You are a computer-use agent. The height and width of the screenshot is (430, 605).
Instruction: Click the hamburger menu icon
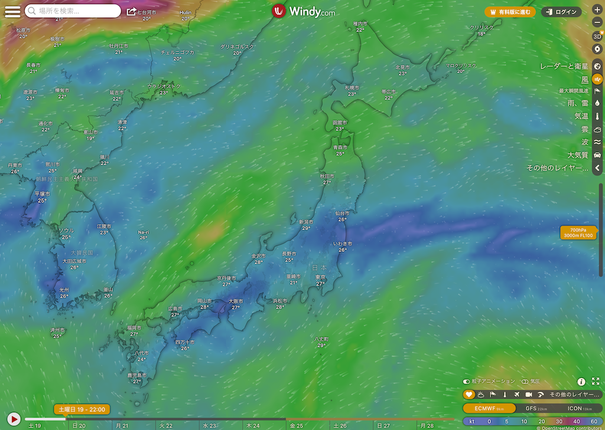pos(12,11)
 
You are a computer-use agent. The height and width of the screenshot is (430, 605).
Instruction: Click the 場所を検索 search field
pos(73,11)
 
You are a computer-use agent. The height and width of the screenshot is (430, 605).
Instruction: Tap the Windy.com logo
pos(304,11)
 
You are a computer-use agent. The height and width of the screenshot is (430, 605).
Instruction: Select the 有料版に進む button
pos(510,12)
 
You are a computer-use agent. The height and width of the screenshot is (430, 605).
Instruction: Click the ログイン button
pos(561,12)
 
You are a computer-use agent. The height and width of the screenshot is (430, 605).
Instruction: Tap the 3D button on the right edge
pos(597,36)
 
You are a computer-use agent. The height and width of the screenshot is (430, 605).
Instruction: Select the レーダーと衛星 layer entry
pos(564,66)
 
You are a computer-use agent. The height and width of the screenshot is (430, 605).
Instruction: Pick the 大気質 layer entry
pos(578,155)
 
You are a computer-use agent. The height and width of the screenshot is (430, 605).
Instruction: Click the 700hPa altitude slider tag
pos(579,232)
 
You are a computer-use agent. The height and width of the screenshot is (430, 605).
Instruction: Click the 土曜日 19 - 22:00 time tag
pos(82,409)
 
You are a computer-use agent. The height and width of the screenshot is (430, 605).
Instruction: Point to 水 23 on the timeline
pos(210,425)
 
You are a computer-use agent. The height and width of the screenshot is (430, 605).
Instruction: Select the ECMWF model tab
pos(488,408)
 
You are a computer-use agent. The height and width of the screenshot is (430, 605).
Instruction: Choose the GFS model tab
pos(536,408)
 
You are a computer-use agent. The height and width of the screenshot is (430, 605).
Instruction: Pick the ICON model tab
pos(580,408)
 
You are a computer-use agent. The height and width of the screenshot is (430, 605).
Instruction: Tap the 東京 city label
pos(321,277)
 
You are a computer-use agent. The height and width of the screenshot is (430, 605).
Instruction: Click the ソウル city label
pos(66,230)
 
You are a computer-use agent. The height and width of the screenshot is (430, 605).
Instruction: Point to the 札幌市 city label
pos(352,87)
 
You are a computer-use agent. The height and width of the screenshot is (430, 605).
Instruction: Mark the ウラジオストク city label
pos(164,86)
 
